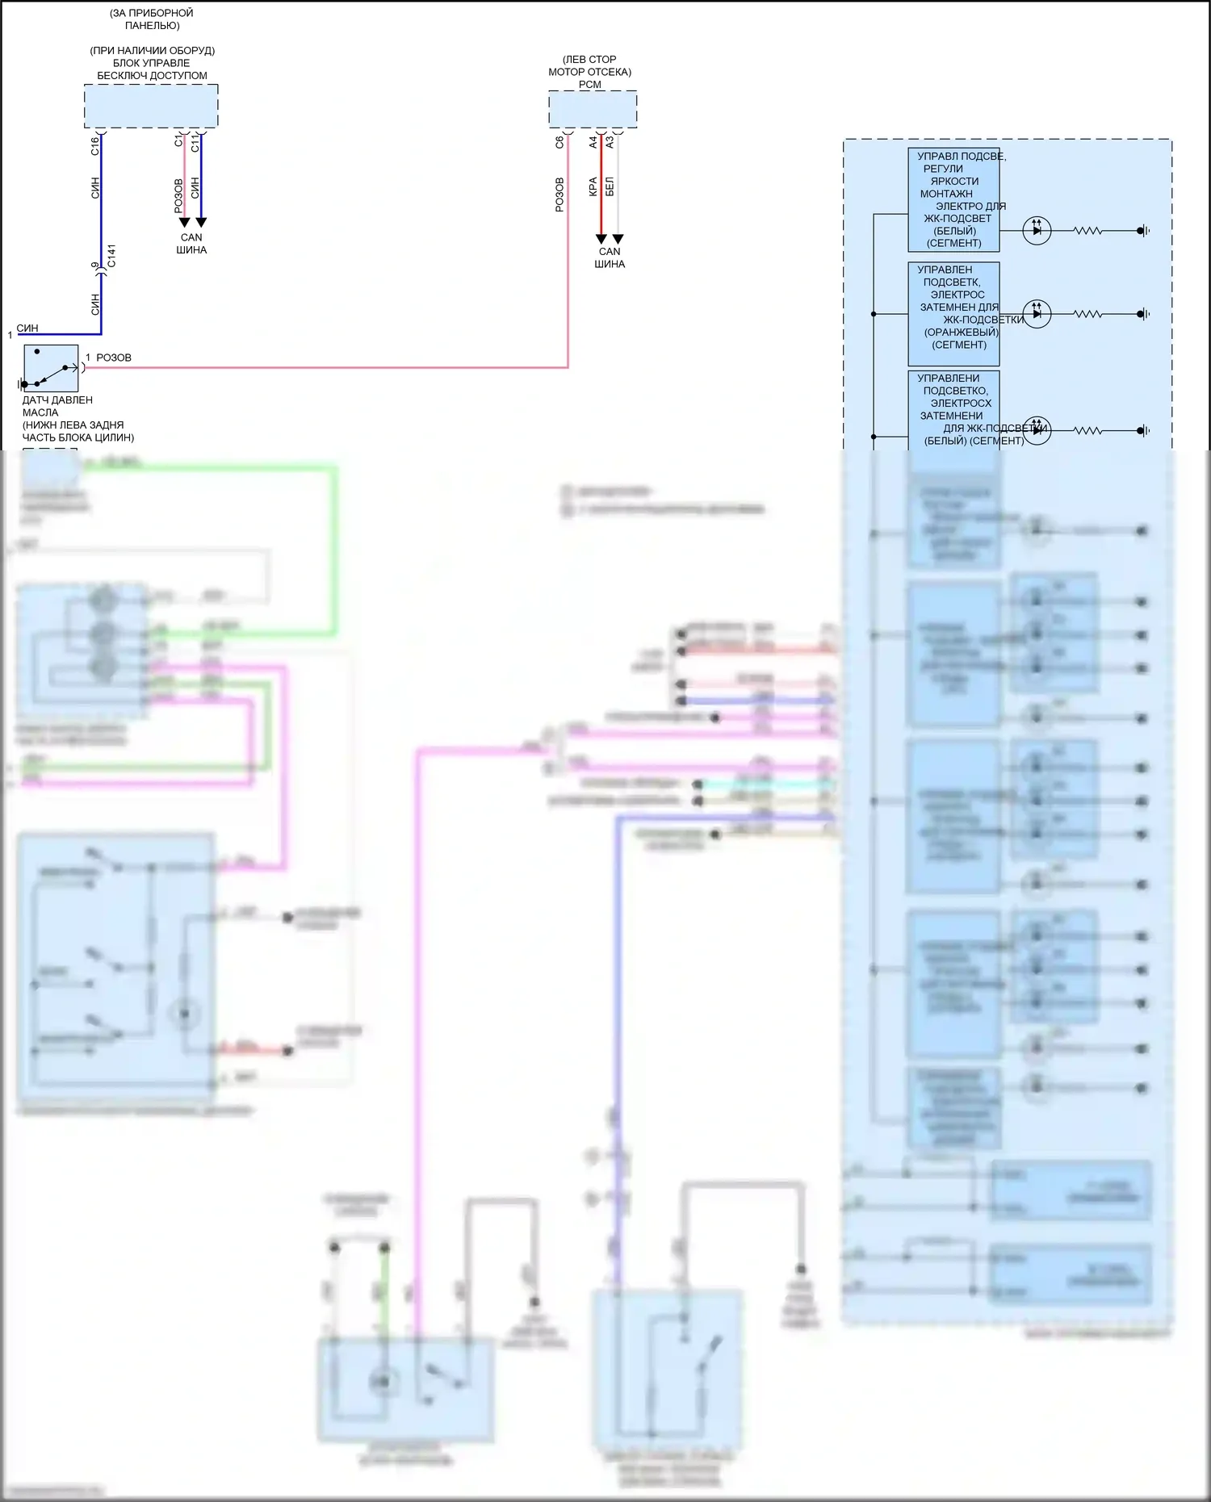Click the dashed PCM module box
[x=593, y=109]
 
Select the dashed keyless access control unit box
[x=151, y=106]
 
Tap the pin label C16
[x=94, y=146]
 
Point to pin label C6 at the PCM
[x=559, y=142]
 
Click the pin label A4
[x=593, y=142]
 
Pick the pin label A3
[x=610, y=142]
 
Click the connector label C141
[x=111, y=256]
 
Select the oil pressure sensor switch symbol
[x=51, y=369]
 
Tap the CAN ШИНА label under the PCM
[x=610, y=257]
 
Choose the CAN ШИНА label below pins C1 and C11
[x=191, y=244]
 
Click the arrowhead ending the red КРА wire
[x=601, y=239]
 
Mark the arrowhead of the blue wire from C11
[x=201, y=222]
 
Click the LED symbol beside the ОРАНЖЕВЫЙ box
[x=1037, y=314]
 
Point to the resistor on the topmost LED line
[x=1087, y=231]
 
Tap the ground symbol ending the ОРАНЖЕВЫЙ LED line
[x=1142, y=314]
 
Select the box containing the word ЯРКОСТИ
[x=953, y=199]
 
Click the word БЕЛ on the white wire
[x=610, y=186]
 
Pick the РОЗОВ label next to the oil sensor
[x=113, y=358]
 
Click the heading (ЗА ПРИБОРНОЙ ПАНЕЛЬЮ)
[x=152, y=19]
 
